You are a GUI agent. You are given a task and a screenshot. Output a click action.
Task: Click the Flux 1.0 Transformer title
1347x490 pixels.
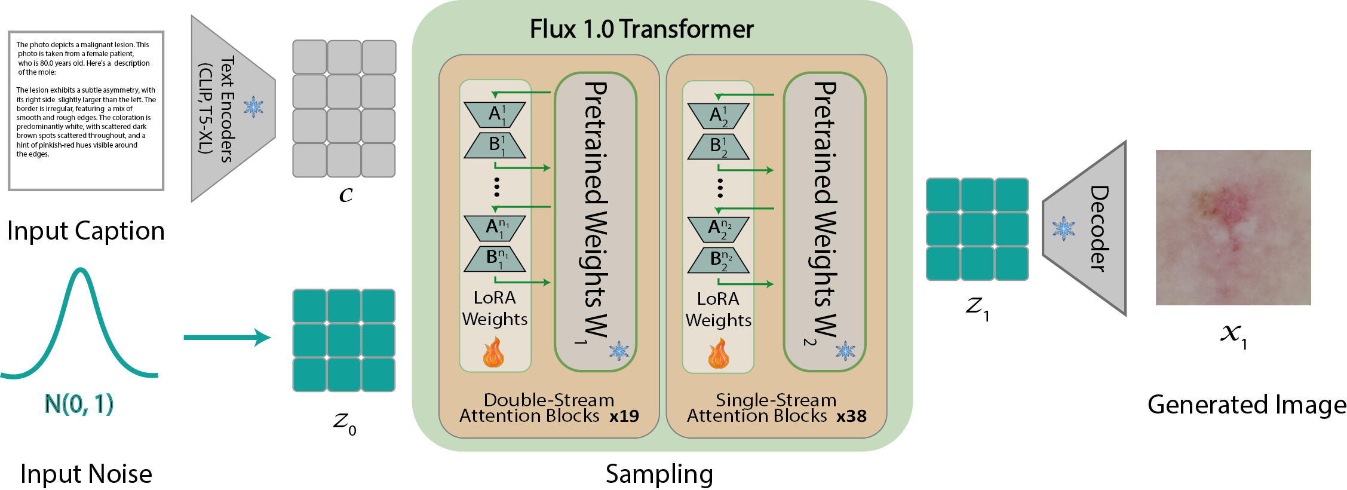coord(642,29)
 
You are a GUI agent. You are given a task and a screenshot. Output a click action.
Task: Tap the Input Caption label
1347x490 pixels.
coord(85,231)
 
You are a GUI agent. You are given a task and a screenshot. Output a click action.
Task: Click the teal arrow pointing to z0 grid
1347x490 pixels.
coord(227,337)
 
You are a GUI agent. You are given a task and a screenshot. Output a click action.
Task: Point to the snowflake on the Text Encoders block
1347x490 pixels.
coord(253,107)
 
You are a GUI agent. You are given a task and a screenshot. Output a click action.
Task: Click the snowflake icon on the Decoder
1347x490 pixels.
coord(1063,229)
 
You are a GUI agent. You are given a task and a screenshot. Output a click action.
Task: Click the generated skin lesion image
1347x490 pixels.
coord(1233,228)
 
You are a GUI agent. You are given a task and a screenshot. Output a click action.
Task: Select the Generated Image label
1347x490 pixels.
coord(1247,405)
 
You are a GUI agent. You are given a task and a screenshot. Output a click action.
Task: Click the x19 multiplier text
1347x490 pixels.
coord(624,416)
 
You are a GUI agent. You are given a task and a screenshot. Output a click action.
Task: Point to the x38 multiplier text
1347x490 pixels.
coord(851,416)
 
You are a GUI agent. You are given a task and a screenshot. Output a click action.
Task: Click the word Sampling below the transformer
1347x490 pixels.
coord(659,474)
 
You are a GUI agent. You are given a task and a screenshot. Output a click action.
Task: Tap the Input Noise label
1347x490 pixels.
coord(86,474)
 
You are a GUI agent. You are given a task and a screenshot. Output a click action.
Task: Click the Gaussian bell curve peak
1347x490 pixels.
coord(79,272)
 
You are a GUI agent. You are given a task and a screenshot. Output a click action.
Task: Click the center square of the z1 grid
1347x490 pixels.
coord(977,229)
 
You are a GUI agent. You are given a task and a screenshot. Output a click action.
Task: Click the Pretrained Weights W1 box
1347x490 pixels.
coord(596,221)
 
